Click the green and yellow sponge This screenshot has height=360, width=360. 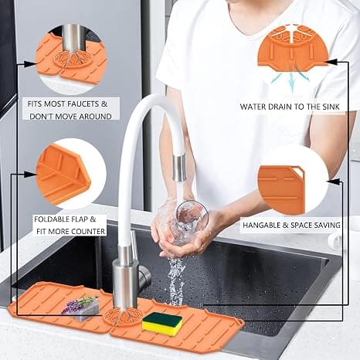(x=162, y=324)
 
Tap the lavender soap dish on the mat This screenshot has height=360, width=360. (x=80, y=308)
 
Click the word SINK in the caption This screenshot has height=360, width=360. (x=331, y=107)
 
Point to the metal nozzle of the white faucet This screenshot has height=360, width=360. (x=179, y=168)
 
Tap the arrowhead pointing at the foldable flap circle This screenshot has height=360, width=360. (x=30, y=175)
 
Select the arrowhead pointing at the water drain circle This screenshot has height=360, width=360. (x=331, y=62)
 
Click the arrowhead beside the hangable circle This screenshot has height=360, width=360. (x=334, y=182)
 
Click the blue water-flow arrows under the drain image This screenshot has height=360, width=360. (x=291, y=79)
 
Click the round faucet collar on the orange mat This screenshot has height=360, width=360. (x=123, y=317)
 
